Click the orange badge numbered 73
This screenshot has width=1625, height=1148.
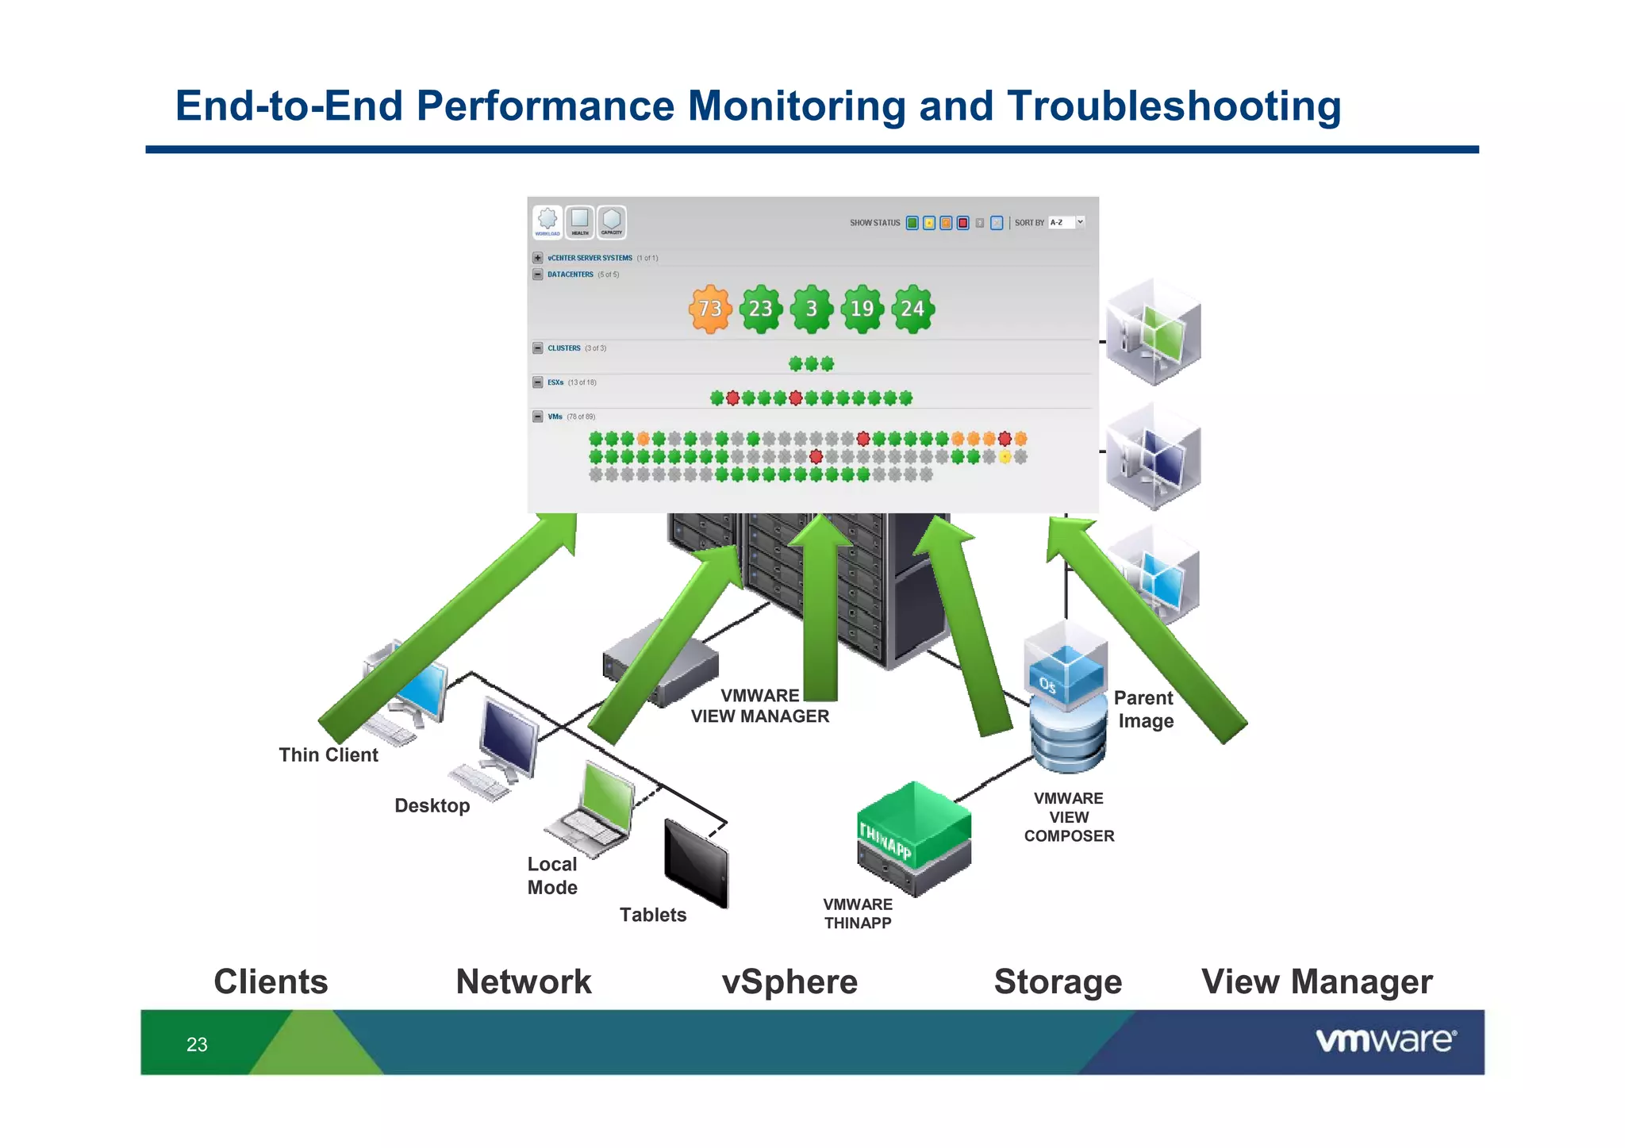(x=709, y=309)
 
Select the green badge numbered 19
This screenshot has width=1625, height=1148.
(x=862, y=309)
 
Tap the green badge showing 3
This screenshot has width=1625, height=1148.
(x=811, y=309)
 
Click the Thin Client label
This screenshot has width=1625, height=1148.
(x=328, y=754)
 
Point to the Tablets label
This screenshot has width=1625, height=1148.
(x=652, y=915)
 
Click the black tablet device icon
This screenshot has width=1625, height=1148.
(x=696, y=864)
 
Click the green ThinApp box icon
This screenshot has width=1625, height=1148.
(x=913, y=838)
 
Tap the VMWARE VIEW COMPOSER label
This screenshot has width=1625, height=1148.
(x=1069, y=817)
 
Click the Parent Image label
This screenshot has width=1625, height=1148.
(x=1143, y=709)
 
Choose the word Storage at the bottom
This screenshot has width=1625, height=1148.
(x=1058, y=982)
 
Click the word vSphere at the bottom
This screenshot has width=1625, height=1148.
(x=789, y=982)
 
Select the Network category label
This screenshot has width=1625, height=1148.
(x=524, y=982)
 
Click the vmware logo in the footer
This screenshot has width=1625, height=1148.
(x=1385, y=1040)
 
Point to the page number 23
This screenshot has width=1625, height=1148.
(x=197, y=1045)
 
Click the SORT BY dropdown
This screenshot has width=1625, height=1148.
(x=1066, y=223)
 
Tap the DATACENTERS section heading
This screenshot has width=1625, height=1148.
(x=570, y=275)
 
